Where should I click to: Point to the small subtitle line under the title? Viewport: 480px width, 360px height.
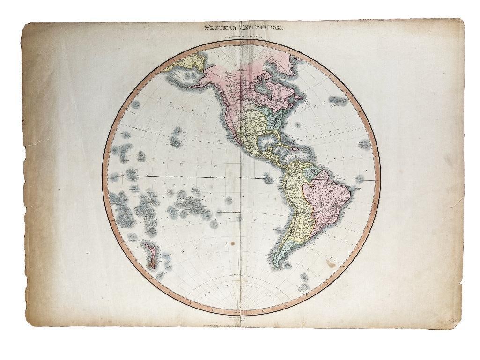coord(240,36)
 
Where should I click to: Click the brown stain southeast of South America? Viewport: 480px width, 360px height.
coord(332,264)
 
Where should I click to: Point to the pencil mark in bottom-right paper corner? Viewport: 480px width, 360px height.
coord(452,320)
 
